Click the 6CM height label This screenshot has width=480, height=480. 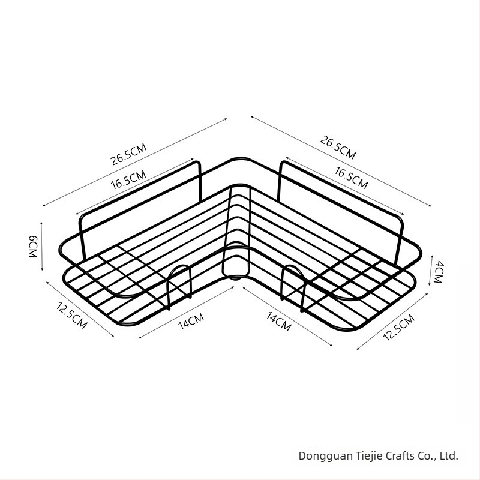point(33,247)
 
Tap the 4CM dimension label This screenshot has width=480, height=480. point(439,272)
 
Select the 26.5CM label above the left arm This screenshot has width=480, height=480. point(128,154)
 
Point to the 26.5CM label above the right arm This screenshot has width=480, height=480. point(338,148)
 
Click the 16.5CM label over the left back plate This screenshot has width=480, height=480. point(128,179)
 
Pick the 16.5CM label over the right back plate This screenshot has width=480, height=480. point(352,178)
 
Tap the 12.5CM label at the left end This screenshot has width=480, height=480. point(72,316)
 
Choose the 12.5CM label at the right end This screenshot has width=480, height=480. point(399,327)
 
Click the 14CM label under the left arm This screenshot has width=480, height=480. point(191,321)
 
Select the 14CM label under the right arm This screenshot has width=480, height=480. point(278,322)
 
